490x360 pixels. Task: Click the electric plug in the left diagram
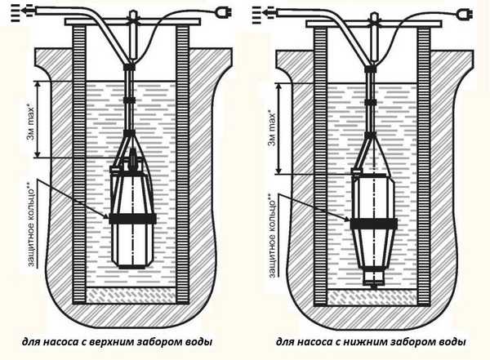[x=225, y=13]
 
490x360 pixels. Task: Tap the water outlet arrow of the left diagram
[x=24, y=11]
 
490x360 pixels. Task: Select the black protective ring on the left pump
[x=132, y=219]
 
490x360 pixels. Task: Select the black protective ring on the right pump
[x=374, y=224]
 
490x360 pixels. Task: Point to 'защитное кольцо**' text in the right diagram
[x=273, y=235]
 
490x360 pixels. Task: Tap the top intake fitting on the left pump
[x=133, y=158]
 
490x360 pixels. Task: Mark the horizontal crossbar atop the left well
[x=132, y=22]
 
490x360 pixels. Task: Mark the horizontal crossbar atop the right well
[x=374, y=23]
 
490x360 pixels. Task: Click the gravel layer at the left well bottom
[x=131, y=295]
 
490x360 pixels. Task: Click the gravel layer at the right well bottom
[x=372, y=297]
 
